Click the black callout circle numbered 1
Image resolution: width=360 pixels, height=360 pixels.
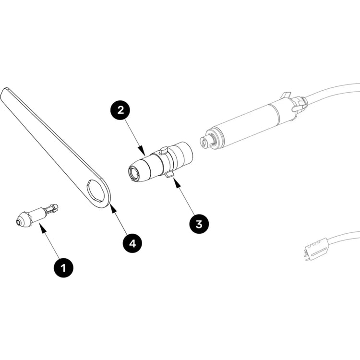point(63,267)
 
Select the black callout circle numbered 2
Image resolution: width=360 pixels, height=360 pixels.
point(120,110)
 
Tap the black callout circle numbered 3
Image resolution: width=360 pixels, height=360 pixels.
point(199,224)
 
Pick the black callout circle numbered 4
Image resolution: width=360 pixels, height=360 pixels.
point(132,243)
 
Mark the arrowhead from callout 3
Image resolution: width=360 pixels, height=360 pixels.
point(176,182)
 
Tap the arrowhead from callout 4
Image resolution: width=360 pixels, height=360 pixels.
point(112,208)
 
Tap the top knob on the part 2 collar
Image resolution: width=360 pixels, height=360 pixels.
point(164,150)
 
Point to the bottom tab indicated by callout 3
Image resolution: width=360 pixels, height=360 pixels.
point(169,175)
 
